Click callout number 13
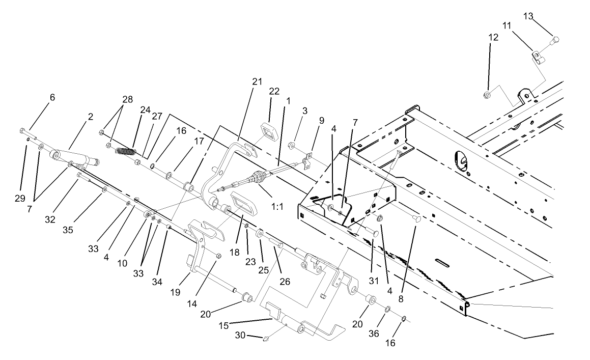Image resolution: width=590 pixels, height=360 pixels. tap(528, 16)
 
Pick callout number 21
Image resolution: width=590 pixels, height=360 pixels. tap(256, 81)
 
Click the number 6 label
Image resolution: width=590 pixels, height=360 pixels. tap(52, 97)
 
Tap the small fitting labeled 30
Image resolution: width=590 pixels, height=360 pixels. tap(266, 339)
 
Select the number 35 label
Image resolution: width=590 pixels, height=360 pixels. tap(68, 230)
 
